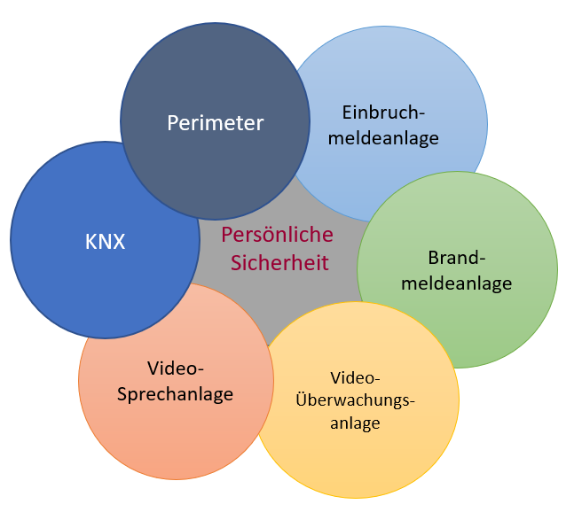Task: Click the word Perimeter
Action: pos(216,123)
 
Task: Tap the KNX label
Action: pos(105,242)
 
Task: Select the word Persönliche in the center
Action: pos(277,236)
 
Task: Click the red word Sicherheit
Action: pos(279,263)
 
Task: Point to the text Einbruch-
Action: pos(383,112)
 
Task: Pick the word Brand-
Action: pos(458,259)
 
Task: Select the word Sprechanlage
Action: pos(176,394)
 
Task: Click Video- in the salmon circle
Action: pos(176,368)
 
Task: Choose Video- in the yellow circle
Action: pos(355,377)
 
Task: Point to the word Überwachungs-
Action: pos(355,400)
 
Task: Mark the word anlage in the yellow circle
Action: pos(355,423)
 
